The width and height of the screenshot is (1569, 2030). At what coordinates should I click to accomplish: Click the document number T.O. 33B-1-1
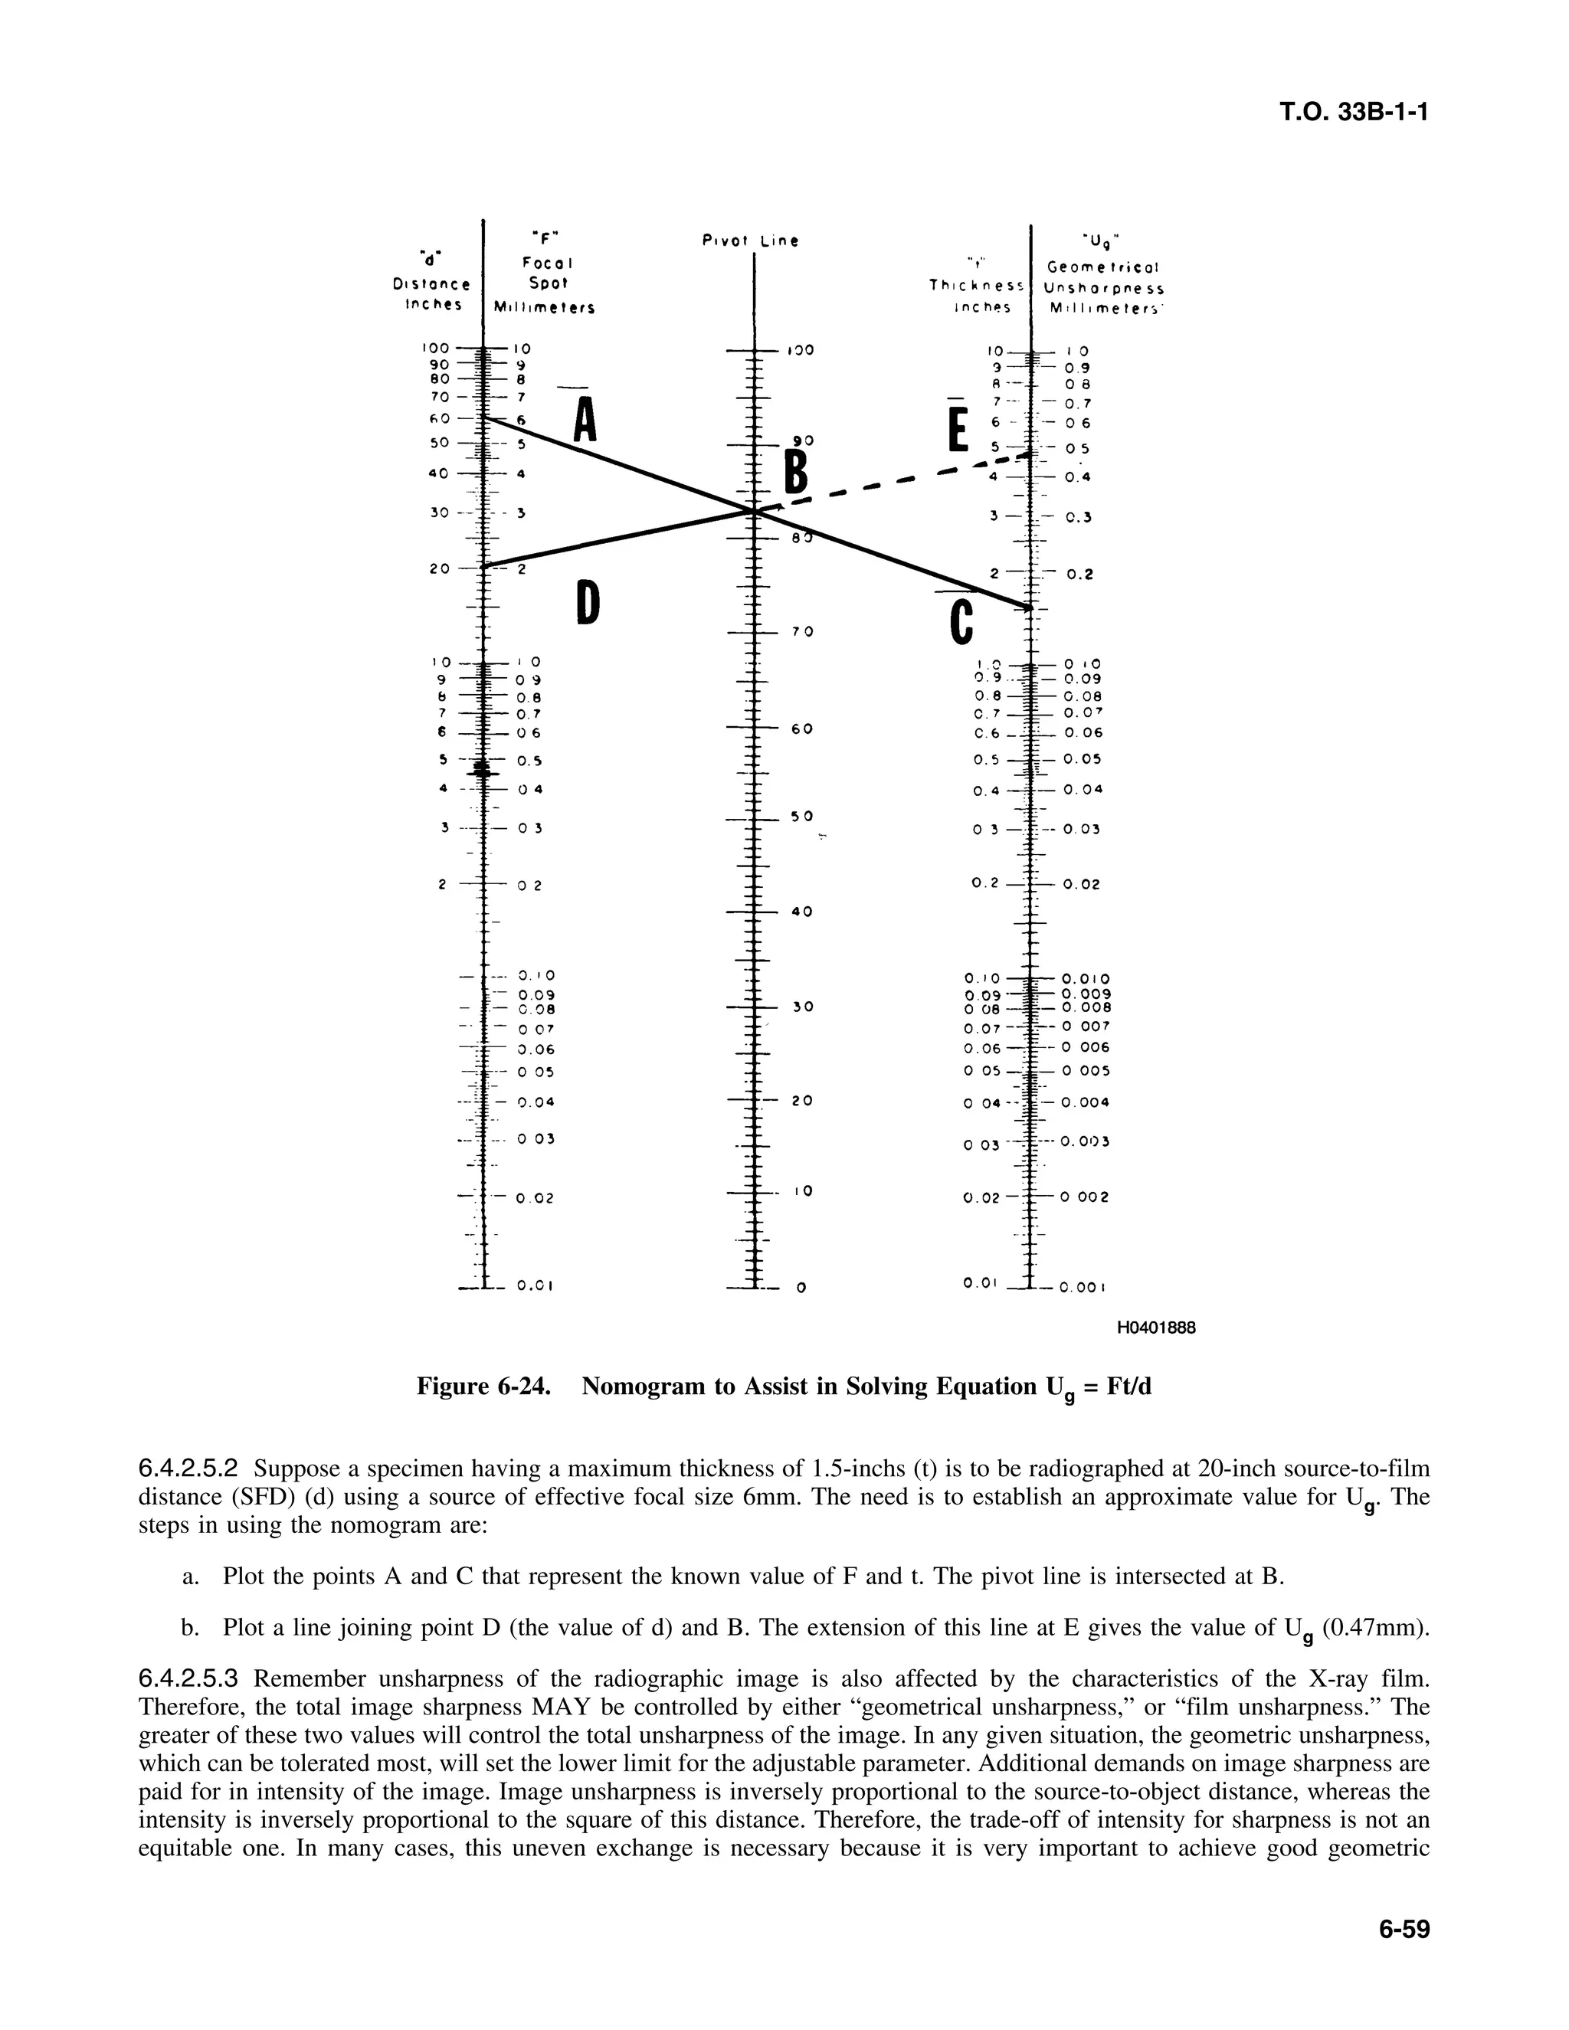(1352, 113)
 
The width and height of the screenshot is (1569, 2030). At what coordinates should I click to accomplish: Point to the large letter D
(587, 601)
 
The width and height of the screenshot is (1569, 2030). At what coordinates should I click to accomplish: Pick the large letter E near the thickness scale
(958, 428)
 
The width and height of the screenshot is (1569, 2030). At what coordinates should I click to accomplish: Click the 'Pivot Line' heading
(750, 241)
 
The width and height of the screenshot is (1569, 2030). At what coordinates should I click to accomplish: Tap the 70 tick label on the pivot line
(802, 632)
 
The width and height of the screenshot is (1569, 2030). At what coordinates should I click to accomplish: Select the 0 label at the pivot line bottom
(801, 1288)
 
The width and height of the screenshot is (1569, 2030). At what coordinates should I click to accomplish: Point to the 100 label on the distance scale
(435, 348)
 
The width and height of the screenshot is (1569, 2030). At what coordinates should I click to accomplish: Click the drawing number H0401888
(1155, 1328)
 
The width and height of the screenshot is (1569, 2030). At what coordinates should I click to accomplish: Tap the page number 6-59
(1403, 1930)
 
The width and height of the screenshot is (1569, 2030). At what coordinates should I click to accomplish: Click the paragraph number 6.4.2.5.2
(188, 1469)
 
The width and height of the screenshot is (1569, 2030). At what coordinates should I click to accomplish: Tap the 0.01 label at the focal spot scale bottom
(536, 1288)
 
